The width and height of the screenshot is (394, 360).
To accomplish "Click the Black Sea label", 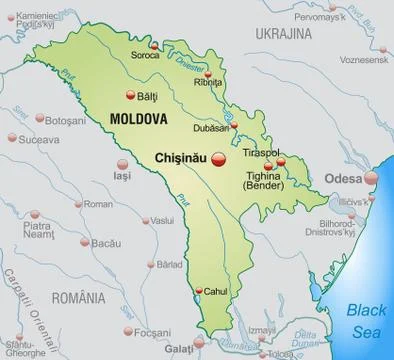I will [366, 318].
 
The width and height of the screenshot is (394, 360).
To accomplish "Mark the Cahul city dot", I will [199, 291].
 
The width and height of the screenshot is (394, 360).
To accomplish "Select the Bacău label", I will [106, 243].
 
